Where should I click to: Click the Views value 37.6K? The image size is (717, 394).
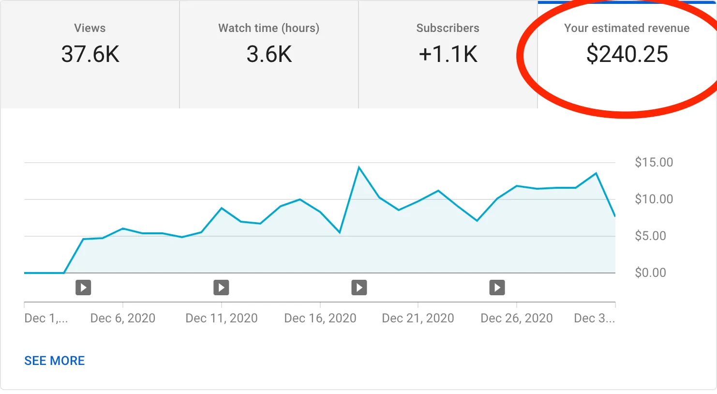point(90,54)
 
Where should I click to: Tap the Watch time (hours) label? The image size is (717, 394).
point(269,28)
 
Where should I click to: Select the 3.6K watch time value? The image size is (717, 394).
point(269,54)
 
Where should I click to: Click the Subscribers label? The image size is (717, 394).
point(448,28)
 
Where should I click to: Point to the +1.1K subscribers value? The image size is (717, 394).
point(448,54)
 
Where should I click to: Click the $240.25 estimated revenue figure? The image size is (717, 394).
point(627,54)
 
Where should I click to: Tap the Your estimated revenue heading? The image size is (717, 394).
point(627,28)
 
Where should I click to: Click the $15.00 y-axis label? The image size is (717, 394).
point(654,162)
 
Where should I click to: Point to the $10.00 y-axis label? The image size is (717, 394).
point(654,199)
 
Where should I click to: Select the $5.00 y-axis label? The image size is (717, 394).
point(650,236)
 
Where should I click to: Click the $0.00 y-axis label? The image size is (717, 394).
point(650,273)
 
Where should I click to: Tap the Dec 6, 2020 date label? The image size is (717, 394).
point(123,318)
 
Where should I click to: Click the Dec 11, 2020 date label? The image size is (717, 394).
point(222,318)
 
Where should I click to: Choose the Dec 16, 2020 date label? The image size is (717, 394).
point(320,318)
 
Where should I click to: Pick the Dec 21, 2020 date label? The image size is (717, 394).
point(418,318)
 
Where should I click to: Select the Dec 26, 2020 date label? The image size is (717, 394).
point(517,318)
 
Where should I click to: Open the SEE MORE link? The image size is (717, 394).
point(55,361)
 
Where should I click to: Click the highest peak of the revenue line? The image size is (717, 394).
point(359,167)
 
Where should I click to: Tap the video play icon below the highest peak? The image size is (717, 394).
point(359,288)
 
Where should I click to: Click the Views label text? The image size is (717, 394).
point(90,28)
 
